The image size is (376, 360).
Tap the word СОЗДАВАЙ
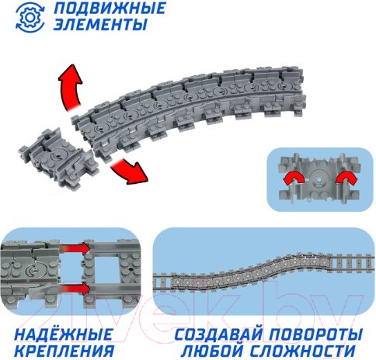click(218, 334)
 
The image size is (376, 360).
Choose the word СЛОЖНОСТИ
click(303, 351)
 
